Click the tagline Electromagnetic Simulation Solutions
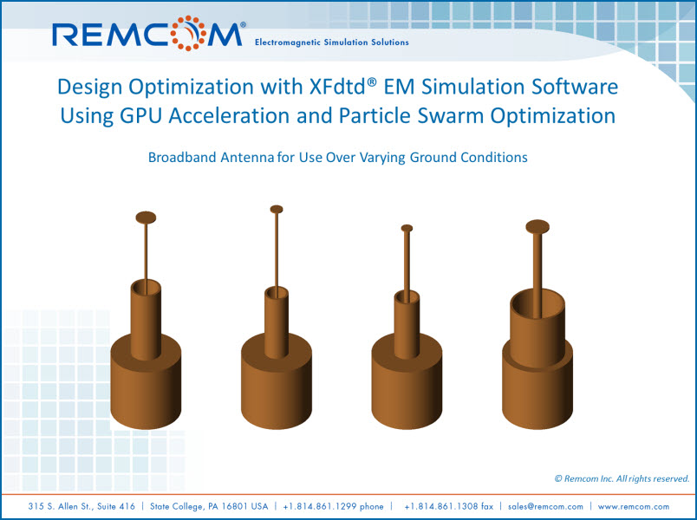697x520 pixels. click(x=331, y=42)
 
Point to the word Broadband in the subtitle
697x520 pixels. click(x=182, y=158)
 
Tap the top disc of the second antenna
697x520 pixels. click(x=277, y=209)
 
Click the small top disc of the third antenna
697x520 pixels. click(x=407, y=229)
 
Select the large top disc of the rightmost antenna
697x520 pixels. click(x=537, y=227)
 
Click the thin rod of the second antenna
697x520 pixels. click(x=277, y=251)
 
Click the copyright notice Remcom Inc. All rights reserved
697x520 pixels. click(x=622, y=478)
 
